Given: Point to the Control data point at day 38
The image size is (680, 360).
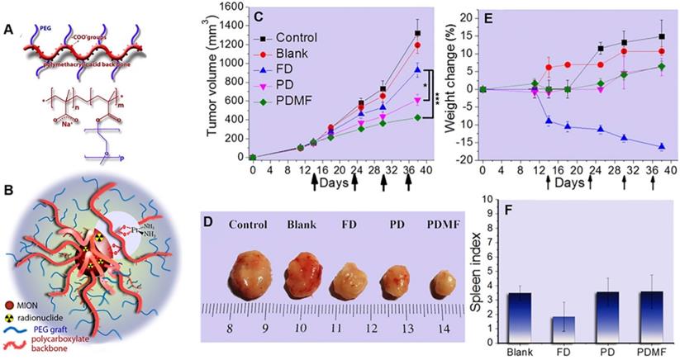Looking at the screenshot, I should pyautogui.click(x=417, y=33).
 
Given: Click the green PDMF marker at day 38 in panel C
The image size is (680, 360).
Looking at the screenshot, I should pyautogui.click(x=417, y=117).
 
